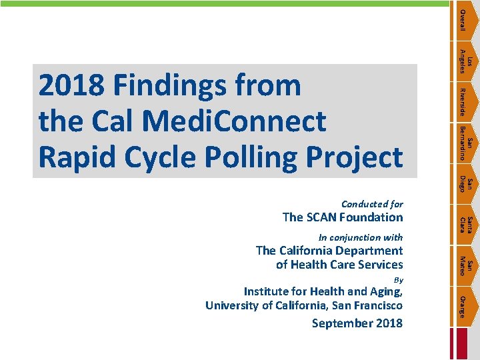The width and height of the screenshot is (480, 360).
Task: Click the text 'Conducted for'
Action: point(371,204)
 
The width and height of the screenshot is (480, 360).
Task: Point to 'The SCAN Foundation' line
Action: point(343,217)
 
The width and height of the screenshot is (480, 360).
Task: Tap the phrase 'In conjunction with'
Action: point(361,237)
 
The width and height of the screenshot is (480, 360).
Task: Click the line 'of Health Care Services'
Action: point(339,265)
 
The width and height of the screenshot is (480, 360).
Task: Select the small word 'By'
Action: point(399,279)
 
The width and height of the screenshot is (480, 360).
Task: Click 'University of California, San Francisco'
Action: point(304,305)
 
